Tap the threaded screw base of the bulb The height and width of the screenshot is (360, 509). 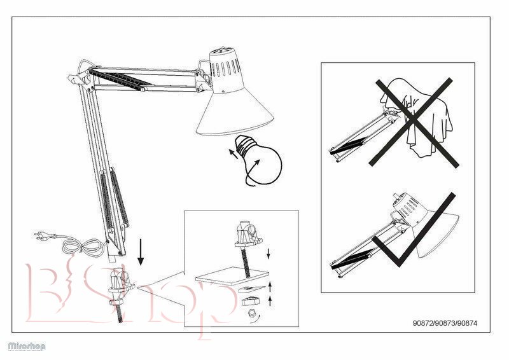(x=245, y=146)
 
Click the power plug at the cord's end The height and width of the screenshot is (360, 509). (x=41, y=236)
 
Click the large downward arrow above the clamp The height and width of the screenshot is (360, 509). (x=141, y=252)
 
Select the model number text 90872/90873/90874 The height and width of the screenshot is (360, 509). (x=445, y=323)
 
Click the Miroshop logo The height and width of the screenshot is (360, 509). (x=27, y=346)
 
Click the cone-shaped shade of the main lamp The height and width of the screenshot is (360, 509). (x=235, y=114)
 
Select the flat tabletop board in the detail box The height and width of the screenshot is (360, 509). (x=232, y=277)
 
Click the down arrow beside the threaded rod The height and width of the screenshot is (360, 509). (x=268, y=254)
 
